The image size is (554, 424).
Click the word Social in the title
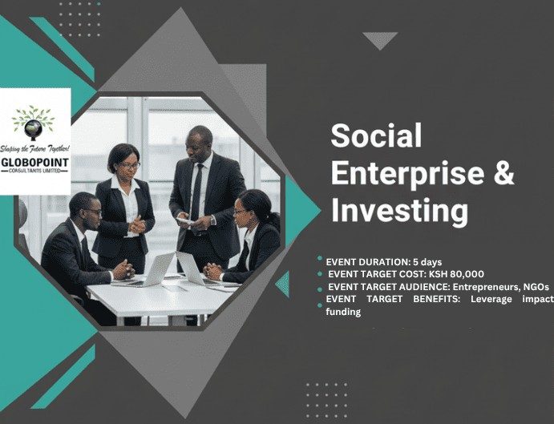376,136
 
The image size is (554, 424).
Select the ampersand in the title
503,173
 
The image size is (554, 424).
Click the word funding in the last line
343,311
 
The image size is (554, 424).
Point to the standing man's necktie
197,189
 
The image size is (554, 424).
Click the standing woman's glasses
128,166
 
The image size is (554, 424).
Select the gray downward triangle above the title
379,39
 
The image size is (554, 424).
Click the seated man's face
92,212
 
